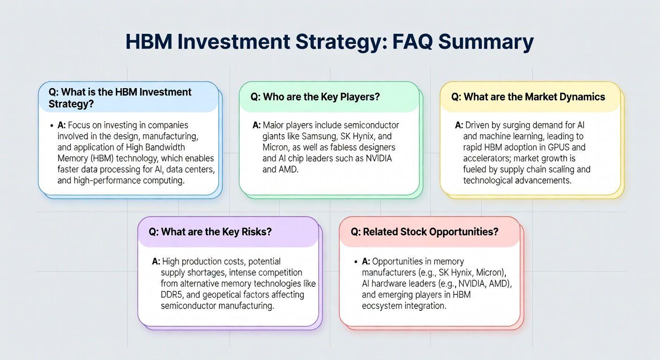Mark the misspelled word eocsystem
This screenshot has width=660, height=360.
click(x=382, y=306)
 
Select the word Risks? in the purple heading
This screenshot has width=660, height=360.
click(x=256, y=232)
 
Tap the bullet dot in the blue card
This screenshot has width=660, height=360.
click(x=52, y=126)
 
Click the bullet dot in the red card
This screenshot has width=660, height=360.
click(x=356, y=262)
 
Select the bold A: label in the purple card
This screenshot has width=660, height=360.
click(x=156, y=261)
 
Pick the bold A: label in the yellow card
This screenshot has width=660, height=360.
click(x=459, y=125)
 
